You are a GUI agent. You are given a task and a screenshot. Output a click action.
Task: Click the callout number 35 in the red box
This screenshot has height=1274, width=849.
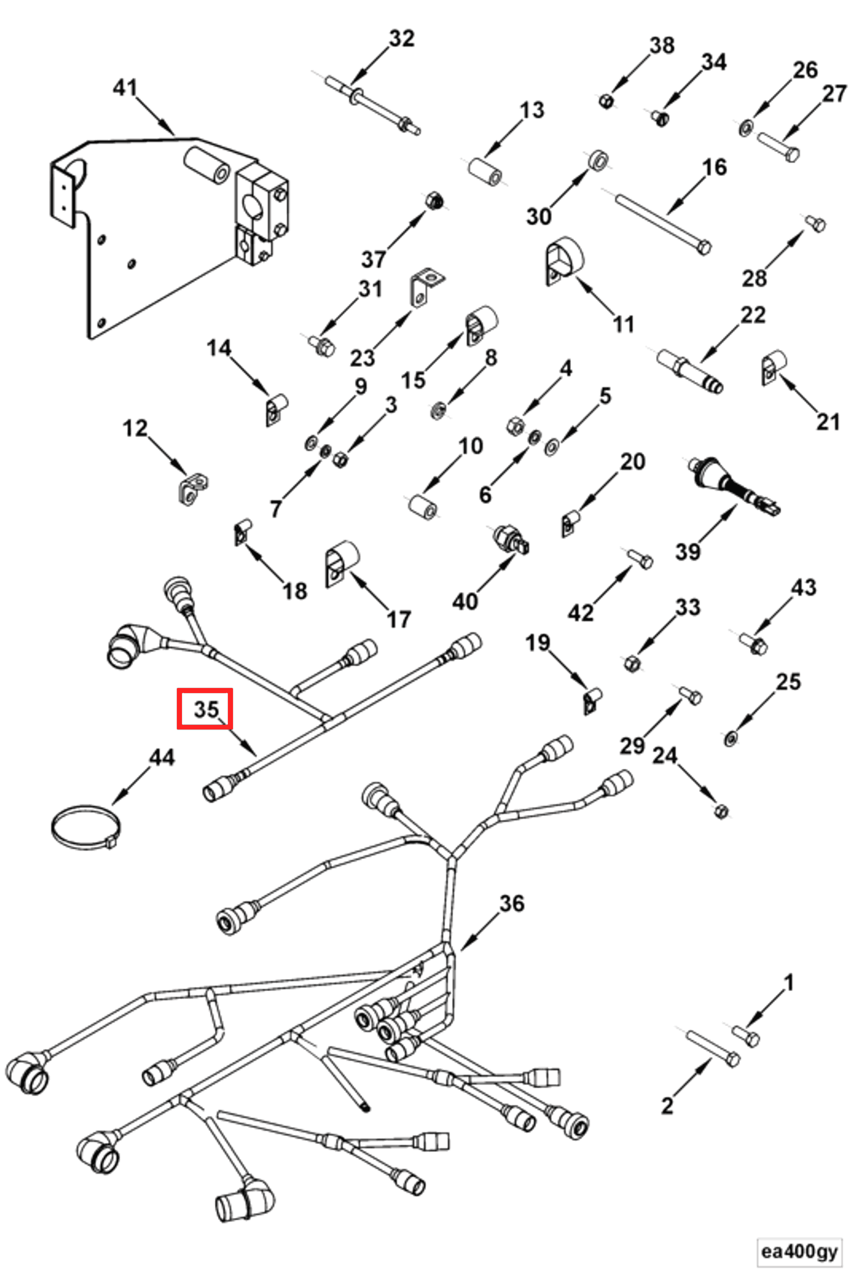206,708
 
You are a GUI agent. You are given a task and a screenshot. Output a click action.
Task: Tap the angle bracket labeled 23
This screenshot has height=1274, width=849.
426,288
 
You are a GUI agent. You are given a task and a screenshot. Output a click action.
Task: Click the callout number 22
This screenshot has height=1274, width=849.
752,315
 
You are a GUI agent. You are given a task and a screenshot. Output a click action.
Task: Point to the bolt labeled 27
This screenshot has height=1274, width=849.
779,147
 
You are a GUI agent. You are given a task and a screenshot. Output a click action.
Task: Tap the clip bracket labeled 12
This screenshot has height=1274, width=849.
192,488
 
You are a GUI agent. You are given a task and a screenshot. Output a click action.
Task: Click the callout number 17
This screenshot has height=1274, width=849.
399,619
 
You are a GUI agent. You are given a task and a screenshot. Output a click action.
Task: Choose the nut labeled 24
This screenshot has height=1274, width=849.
721,810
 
